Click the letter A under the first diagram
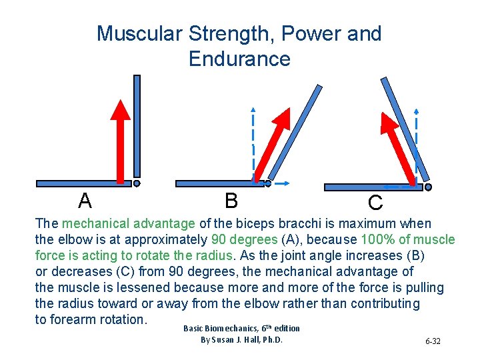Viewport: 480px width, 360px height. [85, 200]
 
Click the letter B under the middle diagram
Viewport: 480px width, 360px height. [231, 200]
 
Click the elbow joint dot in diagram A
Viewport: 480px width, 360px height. [137, 183]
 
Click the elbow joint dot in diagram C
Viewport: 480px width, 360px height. [428, 187]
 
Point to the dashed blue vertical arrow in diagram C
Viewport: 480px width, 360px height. [417, 143]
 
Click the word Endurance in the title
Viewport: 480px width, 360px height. [239, 59]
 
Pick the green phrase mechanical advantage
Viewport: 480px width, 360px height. [129, 224]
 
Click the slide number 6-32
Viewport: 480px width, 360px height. [432, 341]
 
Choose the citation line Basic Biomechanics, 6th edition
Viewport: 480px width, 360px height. [241, 328]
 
